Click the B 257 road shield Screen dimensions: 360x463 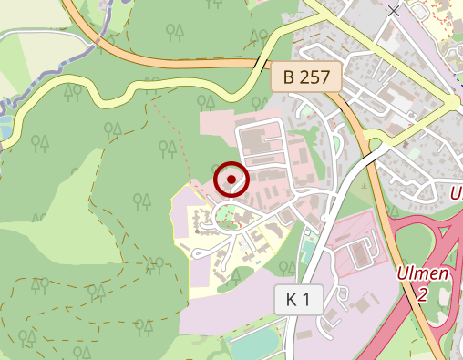click(x=305, y=77)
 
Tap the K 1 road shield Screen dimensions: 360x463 click(x=298, y=299)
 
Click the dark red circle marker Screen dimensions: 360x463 click(x=231, y=179)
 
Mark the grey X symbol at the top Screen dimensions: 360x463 click(x=394, y=11)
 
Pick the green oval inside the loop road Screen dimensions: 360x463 click(x=224, y=217)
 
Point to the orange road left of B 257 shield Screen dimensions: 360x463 click(x=182, y=63)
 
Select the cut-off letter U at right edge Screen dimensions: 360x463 click(x=456, y=193)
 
